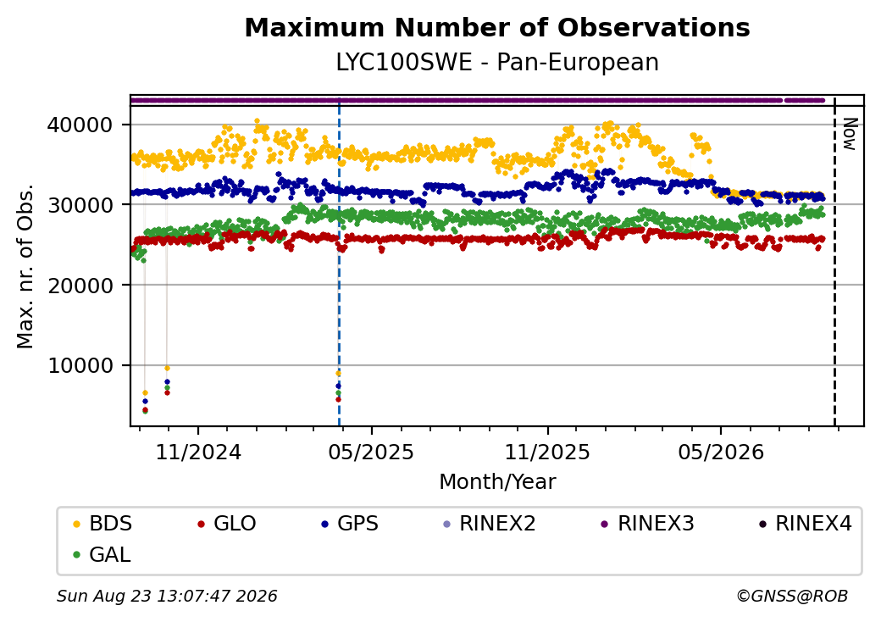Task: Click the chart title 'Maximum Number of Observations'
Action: pyautogui.click(x=497, y=27)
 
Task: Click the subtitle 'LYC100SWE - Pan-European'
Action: pyautogui.click(x=497, y=62)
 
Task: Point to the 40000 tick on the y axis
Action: pyautogui.click(x=80, y=125)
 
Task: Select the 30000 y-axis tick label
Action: pyautogui.click(x=80, y=205)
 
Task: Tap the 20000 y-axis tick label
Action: pyautogui.click(x=80, y=286)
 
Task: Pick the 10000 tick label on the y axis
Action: pyautogui.click(x=80, y=366)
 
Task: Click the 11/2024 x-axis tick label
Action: pyautogui.click(x=198, y=452)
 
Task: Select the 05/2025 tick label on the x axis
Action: pyautogui.click(x=371, y=452)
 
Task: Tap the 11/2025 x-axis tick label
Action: pyautogui.click(x=548, y=452)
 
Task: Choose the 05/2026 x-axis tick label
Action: pyautogui.click(x=722, y=452)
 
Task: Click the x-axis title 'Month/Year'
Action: pyautogui.click(x=497, y=481)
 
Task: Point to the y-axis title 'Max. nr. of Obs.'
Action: pyautogui.click(x=25, y=266)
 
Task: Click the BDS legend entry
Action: pyautogui.click(x=103, y=524)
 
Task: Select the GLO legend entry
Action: pyautogui.click(x=227, y=524)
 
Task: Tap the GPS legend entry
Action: pyautogui.click(x=350, y=524)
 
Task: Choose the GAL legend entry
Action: pyautogui.click(x=103, y=554)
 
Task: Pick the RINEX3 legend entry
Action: pyautogui.click(x=648, y=524)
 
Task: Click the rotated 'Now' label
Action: pyautogui.click(x=850, y=134)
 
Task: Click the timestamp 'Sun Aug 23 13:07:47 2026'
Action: pyautogui.click(x=167, y=596)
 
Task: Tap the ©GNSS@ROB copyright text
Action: pyautogui.click(x=792, y=596)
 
